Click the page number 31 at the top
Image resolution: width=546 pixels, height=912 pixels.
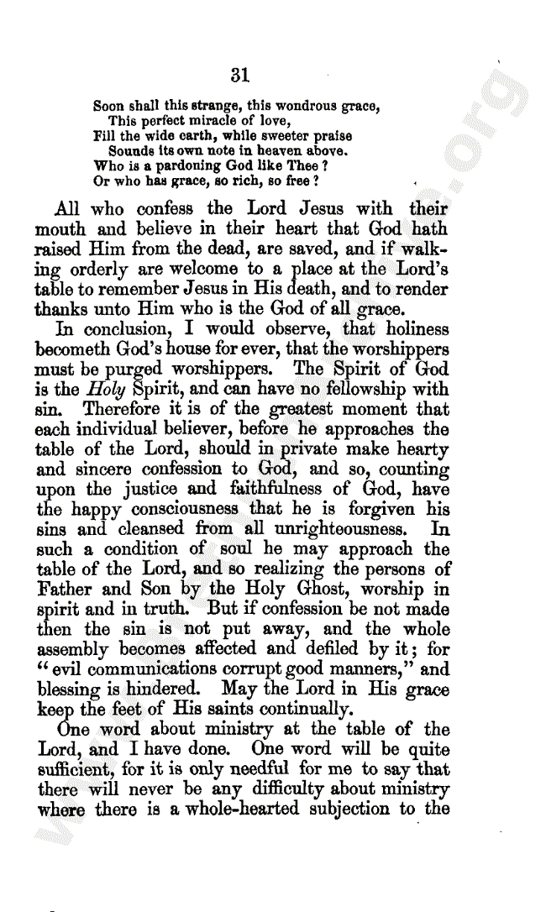(x=240, y=75)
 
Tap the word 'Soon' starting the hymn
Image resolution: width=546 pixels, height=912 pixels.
(x=108, y=107)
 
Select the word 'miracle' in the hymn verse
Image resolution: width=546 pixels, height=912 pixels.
(x=195, y=121)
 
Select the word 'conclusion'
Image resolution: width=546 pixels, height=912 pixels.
(x=119, y=329)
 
